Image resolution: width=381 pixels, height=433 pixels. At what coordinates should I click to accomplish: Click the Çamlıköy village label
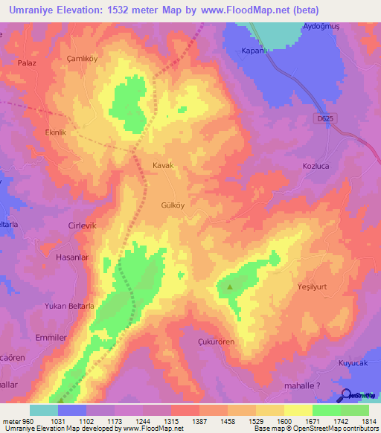point(81,58)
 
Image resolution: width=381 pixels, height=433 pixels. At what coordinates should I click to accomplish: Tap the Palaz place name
point(28,64)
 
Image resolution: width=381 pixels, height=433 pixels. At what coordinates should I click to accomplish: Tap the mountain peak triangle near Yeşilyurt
point(229,286)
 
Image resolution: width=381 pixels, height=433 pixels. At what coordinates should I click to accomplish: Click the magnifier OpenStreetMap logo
point(346,395)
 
